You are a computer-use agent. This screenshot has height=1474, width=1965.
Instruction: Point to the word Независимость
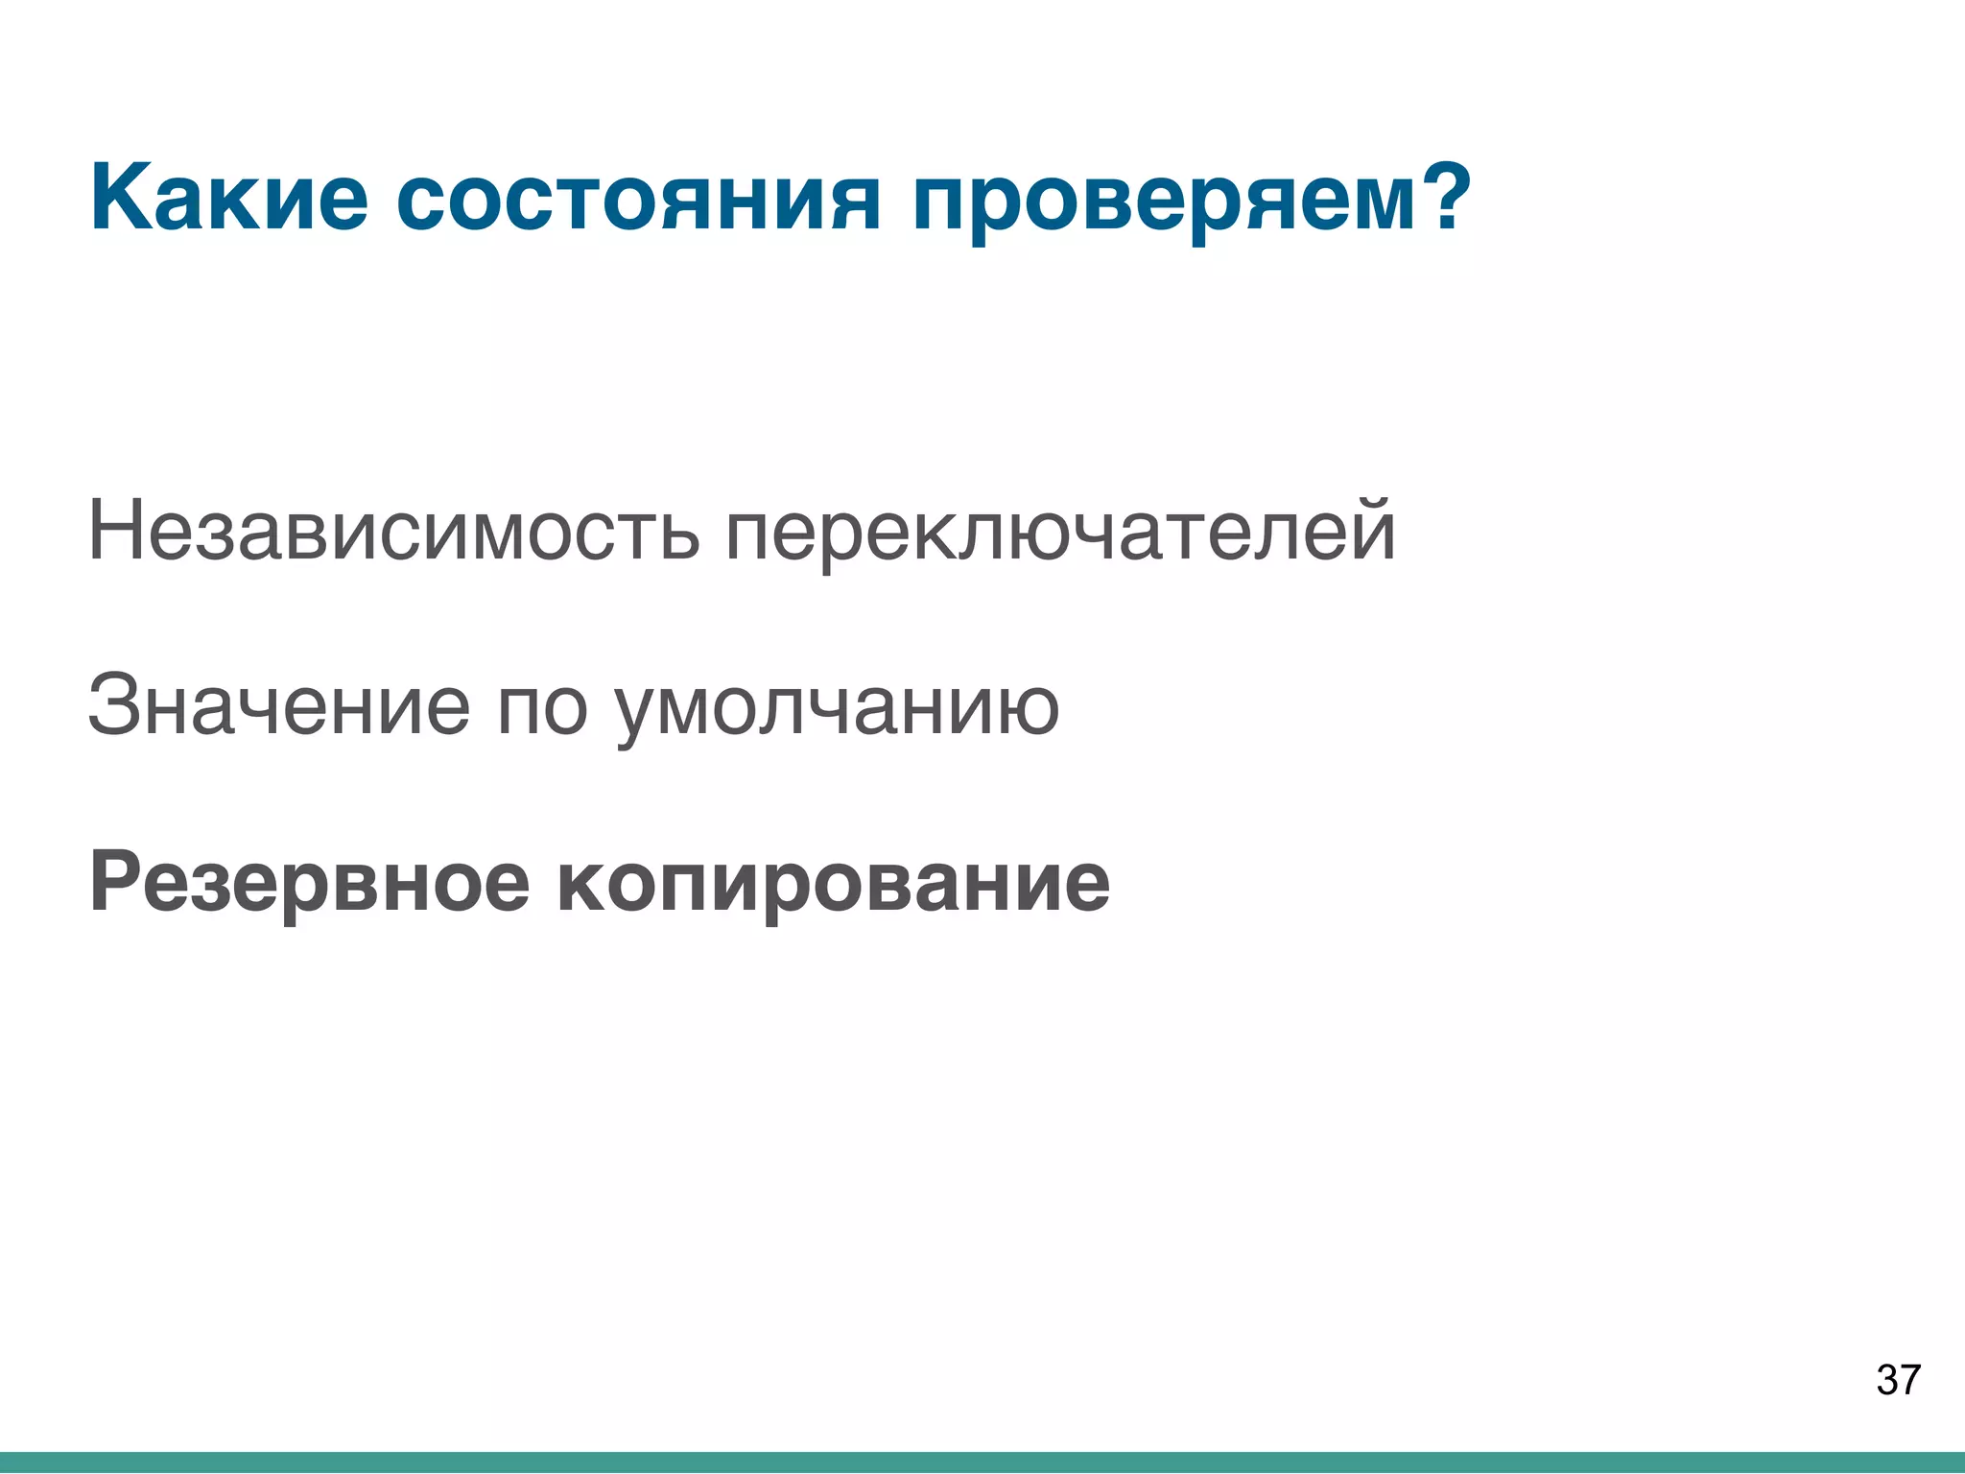(x=393, y=532)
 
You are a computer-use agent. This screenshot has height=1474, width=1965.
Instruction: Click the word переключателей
(x=1059, y=534)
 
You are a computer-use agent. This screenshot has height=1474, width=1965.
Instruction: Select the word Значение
(x=278, y=705)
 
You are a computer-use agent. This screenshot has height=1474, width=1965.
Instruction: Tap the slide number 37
(x=1898, y=1380)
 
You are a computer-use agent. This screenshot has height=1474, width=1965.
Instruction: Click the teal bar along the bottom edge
(x=982, y=1462)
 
